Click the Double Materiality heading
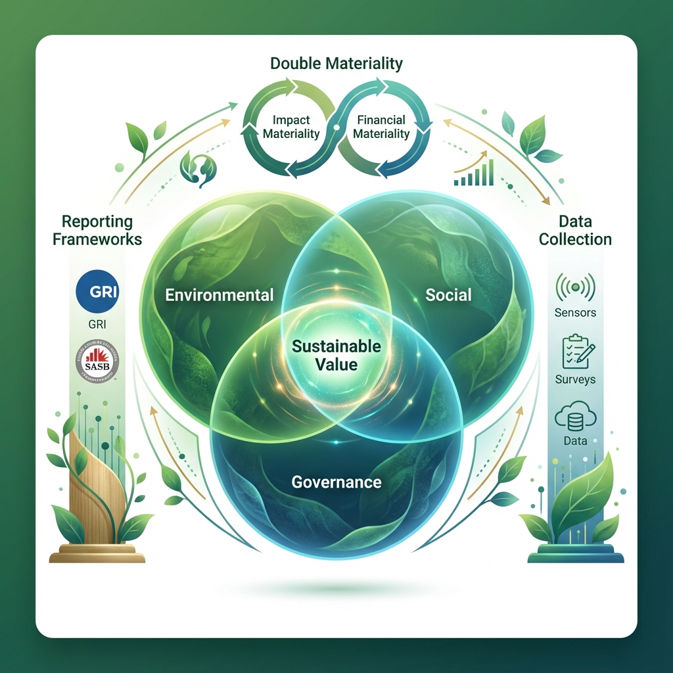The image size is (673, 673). tap(336, 64)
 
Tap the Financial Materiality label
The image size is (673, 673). tap(381, 127)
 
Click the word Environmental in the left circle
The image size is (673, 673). tap(219, 294)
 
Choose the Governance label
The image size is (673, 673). tap(336, 482)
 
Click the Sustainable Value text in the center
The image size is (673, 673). tap(336, 354)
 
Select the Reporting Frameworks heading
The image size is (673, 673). tap(97, 230)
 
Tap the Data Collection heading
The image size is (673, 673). tap(575, 230)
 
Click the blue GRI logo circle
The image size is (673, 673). tap(97, 291)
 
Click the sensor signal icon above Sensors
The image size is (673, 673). tap(575, 287)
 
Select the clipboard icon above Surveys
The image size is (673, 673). tap(575, 352)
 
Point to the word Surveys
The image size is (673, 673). tap(575, 379)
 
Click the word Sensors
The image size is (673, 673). tap(575, 313)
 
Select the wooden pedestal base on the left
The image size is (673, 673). tap(97, 553)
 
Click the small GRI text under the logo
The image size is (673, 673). tap(97, 323)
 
